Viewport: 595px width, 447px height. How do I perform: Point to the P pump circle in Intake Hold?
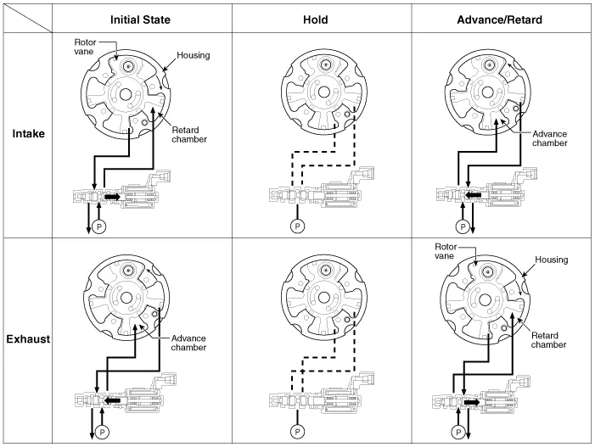(297, 226)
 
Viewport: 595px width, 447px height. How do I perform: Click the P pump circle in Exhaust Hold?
(297, 431)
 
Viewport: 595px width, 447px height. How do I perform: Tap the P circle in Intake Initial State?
(98, 227)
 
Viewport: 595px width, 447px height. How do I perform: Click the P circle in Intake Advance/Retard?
(462, 226)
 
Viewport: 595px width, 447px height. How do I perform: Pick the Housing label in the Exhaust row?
(552, 259)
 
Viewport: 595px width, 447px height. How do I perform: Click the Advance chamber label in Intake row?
(551, 138)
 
